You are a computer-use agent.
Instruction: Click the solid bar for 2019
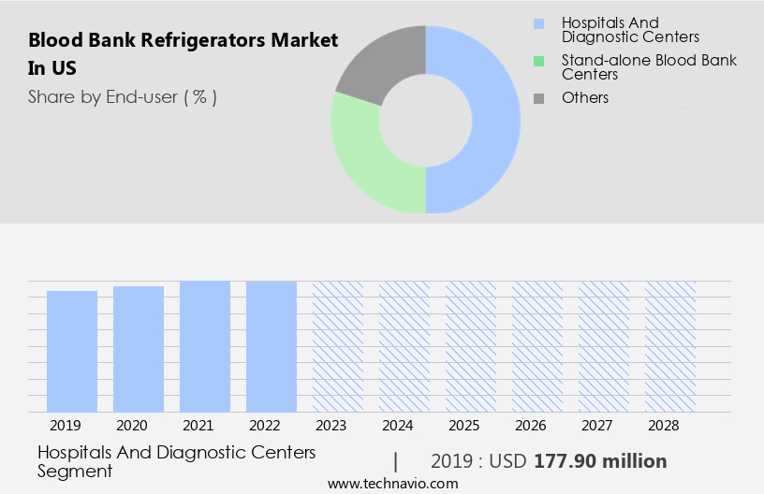pyautogui.click(x=72, y=351)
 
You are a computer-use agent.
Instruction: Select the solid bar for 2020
pyautogui.click(x=139, y=349)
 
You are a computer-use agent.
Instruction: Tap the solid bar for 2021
pyautogui.click(x=205, y=346)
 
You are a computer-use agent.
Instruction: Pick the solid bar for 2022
pyautogui.click(x=272, y=346)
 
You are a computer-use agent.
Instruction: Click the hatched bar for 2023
pyautogui.click(x=338, y=346)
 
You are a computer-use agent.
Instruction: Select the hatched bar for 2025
pyautogui.click(x=471, y=346)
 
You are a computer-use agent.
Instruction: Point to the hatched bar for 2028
pyautogui.click(x=670, y=346)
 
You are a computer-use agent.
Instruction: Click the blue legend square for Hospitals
pyautogui.click(x=538, y=22)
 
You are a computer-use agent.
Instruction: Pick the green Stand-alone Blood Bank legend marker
pyautogui.click(x=538, y=61)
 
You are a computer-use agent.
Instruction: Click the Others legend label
pyautogui.click(x=585, y=97)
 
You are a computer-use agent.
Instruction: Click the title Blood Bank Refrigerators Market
pyautogui.click(x=183, y=41)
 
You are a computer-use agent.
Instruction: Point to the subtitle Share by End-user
pyautogui.click(x=122, y=96)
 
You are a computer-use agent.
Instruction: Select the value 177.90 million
pyautogui.click(x=600, y=461)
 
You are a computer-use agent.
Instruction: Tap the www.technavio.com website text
pyautogui.click(x=393, y=483)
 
